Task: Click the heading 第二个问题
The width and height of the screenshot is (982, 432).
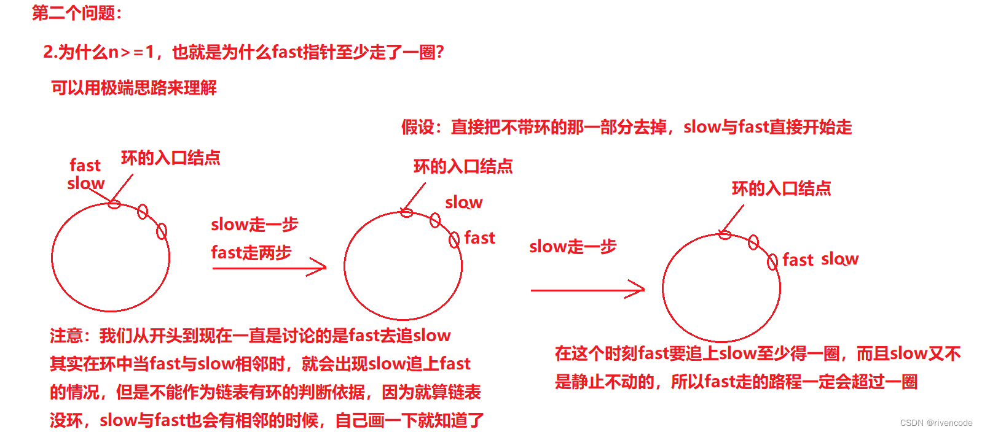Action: coord(76,13)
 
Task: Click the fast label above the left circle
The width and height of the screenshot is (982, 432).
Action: coord(85,165)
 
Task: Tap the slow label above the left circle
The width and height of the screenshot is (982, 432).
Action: coord(85,183)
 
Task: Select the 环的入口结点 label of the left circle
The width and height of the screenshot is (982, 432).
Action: coord(170,158)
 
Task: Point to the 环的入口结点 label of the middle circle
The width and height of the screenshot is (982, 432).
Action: coord(463,166)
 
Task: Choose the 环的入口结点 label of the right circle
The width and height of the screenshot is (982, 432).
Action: coord(781,188)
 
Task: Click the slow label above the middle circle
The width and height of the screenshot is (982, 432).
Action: coord(463,202)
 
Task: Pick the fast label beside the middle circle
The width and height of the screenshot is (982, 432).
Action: coord(479,237)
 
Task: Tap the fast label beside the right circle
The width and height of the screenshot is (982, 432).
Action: coord(798,260)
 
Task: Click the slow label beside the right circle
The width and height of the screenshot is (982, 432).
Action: coord(839,259)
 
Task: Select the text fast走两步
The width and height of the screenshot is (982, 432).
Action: coord(251,252)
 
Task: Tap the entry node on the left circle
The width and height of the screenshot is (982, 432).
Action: coord(114,204)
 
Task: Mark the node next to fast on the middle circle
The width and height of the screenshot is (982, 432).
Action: coord(454,239)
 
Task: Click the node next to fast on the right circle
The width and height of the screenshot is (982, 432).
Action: coord(772,262)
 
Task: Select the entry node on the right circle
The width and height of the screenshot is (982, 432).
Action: coord(725,234)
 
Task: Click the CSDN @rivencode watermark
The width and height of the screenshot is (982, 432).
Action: coord(936,423)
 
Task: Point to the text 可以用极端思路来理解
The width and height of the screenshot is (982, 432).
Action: coord(134,88)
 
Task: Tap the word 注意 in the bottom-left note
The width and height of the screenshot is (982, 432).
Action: coord(66,336)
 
